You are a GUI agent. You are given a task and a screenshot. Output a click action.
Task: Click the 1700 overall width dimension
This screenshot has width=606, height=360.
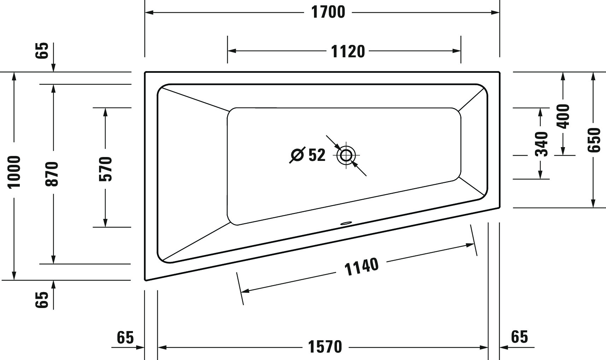coord(328,12)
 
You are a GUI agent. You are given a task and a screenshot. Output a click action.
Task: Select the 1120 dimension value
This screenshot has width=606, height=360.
coord(348,51)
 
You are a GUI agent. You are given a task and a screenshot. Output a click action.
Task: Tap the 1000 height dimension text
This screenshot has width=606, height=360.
coord(15,172)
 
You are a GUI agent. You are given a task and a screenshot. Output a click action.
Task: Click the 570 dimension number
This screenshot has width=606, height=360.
coord(105,169)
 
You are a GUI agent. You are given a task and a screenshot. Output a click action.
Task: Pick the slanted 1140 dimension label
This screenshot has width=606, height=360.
coord(361,267)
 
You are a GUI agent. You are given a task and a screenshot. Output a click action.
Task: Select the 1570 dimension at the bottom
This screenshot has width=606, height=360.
coord(325,347)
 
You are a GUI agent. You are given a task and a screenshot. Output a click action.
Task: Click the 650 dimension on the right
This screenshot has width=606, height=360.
coord(594,140)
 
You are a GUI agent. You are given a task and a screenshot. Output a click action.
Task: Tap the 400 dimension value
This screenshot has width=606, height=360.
coord(563,116)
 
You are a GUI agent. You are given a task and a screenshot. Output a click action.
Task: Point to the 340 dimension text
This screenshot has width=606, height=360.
coord(541,144)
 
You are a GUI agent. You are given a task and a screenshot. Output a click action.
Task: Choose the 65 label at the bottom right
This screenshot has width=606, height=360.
coord(519,337)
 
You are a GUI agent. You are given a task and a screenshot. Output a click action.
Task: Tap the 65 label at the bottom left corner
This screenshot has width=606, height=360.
coord(125,337)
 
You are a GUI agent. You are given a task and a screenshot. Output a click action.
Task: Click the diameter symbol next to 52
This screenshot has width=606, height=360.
coord(297,155)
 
